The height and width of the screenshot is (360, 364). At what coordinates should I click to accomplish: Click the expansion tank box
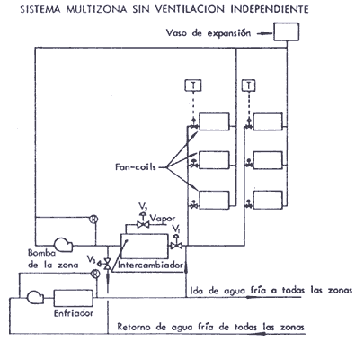286,31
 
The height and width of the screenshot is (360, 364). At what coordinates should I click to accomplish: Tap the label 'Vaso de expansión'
209,32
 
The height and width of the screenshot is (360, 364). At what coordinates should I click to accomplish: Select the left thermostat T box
193,85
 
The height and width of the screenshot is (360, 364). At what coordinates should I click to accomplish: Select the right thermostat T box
248,85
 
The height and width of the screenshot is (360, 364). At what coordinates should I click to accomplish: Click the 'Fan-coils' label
136,166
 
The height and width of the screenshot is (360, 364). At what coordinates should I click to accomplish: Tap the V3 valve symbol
105,264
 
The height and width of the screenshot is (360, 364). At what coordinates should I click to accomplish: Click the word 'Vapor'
163,219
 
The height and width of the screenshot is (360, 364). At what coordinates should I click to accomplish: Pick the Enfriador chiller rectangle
74,298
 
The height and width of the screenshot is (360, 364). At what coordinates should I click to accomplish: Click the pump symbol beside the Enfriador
35,297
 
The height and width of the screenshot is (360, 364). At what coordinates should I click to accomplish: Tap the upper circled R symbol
94,220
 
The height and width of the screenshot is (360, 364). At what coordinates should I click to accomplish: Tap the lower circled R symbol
95,274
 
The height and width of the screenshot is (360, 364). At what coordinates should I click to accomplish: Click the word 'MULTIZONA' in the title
96,9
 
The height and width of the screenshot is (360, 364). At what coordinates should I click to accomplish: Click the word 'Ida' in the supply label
197,291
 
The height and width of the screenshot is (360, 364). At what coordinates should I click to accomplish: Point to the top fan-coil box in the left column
215,121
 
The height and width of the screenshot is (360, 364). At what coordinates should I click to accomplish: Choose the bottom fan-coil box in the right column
268,200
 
